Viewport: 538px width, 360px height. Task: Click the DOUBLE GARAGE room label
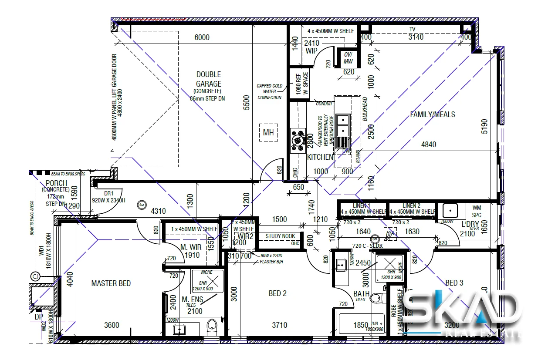click(x=208, y=79)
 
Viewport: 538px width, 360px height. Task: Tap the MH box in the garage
click(x=268, y=133)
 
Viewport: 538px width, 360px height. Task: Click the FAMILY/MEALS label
click(x=432, y=114)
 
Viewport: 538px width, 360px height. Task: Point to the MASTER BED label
click(x=111, y=283)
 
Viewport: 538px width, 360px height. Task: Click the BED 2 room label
click(x=277, y=293)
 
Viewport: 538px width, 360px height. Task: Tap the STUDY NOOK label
click(x=281, y=236)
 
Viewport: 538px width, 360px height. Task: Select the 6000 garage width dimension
click(x=202, y=37)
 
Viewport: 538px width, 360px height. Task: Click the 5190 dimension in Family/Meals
click(x=484, y=126)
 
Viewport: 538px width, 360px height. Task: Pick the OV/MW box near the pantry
click(x=348, y=58)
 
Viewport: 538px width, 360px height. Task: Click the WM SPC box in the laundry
click(x=477, y=212)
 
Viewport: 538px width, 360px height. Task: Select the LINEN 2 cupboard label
click(x=411, y=205)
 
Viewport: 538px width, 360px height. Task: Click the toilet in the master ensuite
click(x=212, y=326)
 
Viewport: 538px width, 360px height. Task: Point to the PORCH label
click(x=56, y=184)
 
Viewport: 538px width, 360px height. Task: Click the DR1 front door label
click(x=108, y=193)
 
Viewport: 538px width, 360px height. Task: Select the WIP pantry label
click(x=311, y=51)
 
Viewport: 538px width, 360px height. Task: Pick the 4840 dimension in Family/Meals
click(x=428, y=145)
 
